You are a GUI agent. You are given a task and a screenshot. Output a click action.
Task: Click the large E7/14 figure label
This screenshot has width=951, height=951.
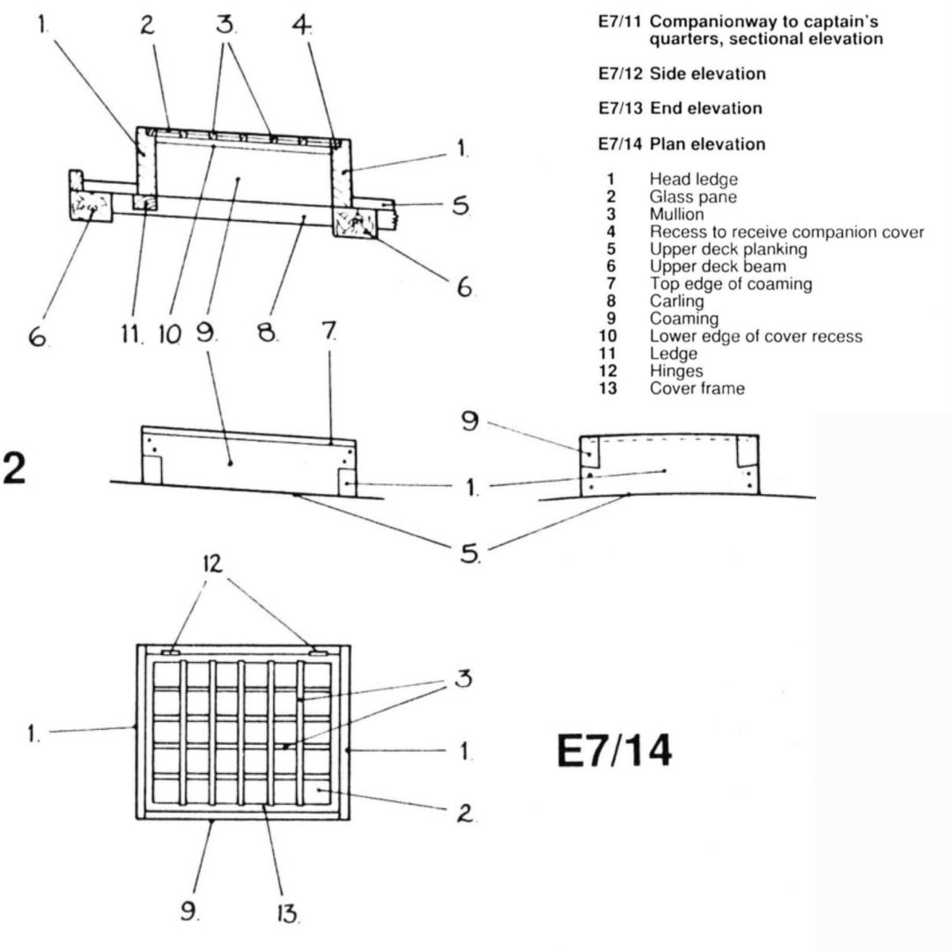pos(615,751)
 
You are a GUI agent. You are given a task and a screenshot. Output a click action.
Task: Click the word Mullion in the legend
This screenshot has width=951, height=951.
pos(676,214)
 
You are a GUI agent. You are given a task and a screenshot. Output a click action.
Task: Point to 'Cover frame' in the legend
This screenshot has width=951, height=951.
pos(697,388)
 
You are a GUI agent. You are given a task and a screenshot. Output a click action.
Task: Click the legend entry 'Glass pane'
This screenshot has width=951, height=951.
pos(693,196)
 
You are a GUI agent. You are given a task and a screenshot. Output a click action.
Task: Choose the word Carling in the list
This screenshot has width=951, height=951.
pos(676,301)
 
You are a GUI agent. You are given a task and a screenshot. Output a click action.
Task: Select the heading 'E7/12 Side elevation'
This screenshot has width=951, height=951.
pos(681,74)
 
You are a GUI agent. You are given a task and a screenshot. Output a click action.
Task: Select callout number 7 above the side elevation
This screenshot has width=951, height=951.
pos(329,333)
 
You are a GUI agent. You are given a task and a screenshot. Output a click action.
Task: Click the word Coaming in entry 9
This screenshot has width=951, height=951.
pos(683,319)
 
